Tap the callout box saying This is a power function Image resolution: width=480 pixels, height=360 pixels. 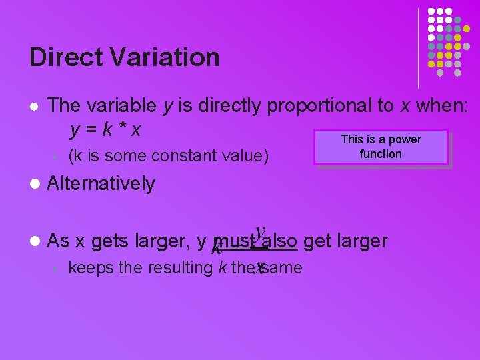click(x=381, y=147)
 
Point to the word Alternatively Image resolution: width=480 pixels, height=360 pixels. click(x=101, y=183)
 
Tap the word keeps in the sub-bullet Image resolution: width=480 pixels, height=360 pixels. click(x=89, y=268)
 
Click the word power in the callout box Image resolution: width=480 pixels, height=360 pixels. click(x=405, y=139)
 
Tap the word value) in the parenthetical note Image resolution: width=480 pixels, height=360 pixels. click(x=247, y=156)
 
